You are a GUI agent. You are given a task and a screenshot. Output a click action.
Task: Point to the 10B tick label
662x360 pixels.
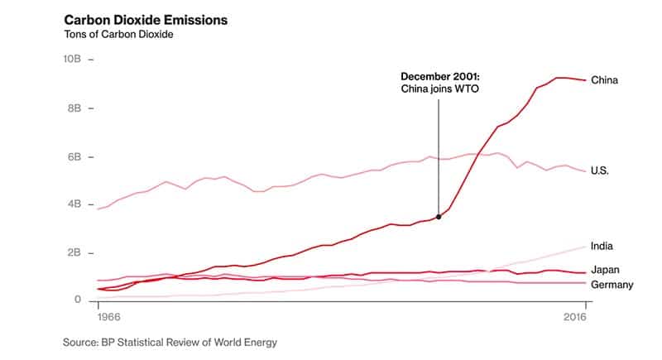tap(72, 60)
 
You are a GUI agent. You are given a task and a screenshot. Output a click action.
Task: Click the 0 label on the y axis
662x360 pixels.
tap(77, 300)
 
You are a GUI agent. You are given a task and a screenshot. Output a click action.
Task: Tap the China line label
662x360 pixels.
tap(604, 80)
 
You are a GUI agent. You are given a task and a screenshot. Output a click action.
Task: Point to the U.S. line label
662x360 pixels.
tap(602, 171)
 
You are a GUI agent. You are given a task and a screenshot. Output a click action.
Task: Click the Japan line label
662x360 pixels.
tap(605, 270)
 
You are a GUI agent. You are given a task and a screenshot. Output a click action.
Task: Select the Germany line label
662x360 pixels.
tap(612, 285)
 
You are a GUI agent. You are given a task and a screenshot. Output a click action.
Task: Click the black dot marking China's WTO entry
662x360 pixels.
tap(439, 217)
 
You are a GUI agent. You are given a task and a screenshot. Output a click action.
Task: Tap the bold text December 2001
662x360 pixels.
tap(439, 76)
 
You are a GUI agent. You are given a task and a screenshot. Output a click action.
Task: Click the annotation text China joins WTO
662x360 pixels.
tap(439, 89)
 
